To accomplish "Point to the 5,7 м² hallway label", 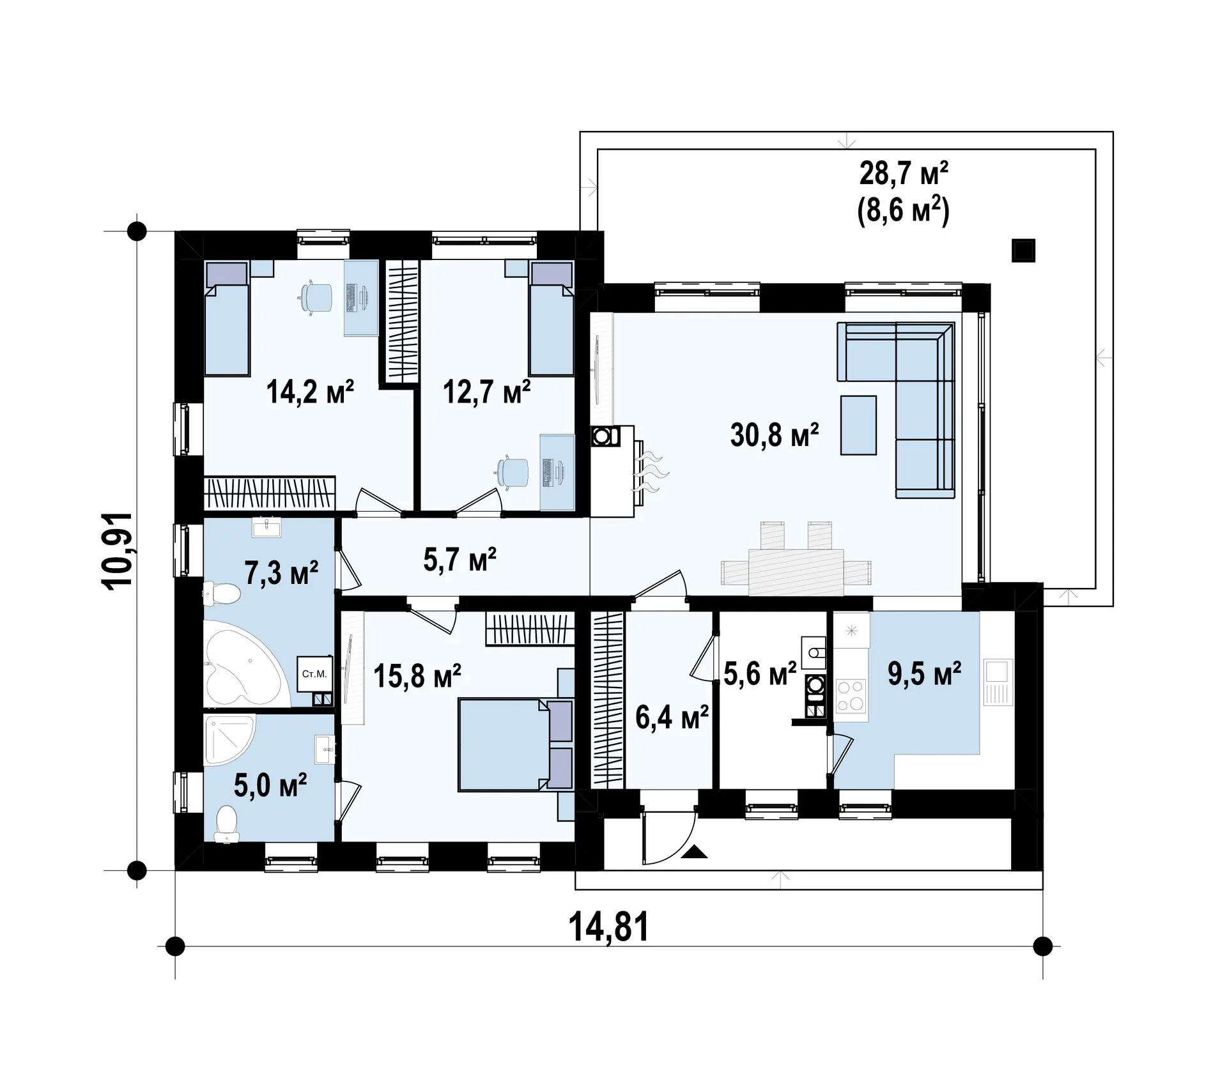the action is tap(459, 559).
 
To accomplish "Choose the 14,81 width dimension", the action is tap(608, 927).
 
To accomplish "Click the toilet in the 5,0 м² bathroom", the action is tap(226, 824).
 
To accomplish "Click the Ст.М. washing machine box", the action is tap(314, 674).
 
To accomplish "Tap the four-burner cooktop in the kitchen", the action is tap(851, 696).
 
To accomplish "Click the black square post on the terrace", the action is tap(1023, 250).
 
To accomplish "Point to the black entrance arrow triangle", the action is tap(695, 851).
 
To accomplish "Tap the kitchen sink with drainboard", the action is tap(997, 682).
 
